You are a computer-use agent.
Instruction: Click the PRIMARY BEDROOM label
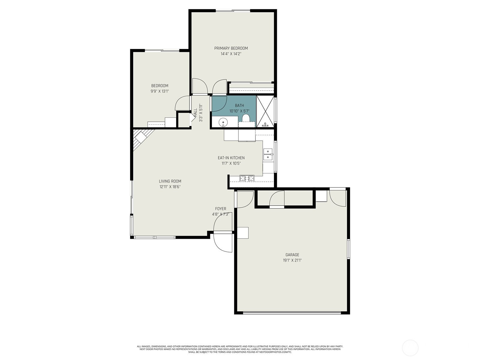point(231,48)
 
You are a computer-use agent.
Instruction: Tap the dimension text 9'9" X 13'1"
point(160,91)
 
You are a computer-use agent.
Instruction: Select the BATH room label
point(239,106)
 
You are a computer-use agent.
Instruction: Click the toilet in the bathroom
point(246,118)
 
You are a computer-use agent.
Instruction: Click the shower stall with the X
point(265,111)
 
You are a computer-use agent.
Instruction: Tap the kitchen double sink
point(268,154)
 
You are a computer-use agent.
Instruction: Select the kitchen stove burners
point(247,178)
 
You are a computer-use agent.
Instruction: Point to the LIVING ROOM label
point(170,181)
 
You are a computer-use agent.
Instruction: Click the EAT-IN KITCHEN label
point(231,158)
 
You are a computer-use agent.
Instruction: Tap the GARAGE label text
point(292,255)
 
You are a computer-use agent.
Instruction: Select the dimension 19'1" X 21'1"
point(292,260)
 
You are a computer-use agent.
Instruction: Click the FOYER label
point(220,209)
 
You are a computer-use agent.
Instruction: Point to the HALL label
point(195,113)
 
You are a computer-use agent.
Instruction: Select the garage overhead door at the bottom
point(292,313)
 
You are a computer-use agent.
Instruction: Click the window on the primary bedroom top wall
point(233,10)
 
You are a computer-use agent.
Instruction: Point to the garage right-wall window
point(348,249)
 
